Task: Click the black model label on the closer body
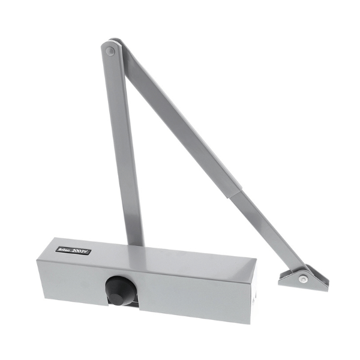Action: pos(74,250)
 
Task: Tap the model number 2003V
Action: pos(81,251)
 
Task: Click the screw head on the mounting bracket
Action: pos(305,278)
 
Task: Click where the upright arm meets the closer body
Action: pos(136,242)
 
